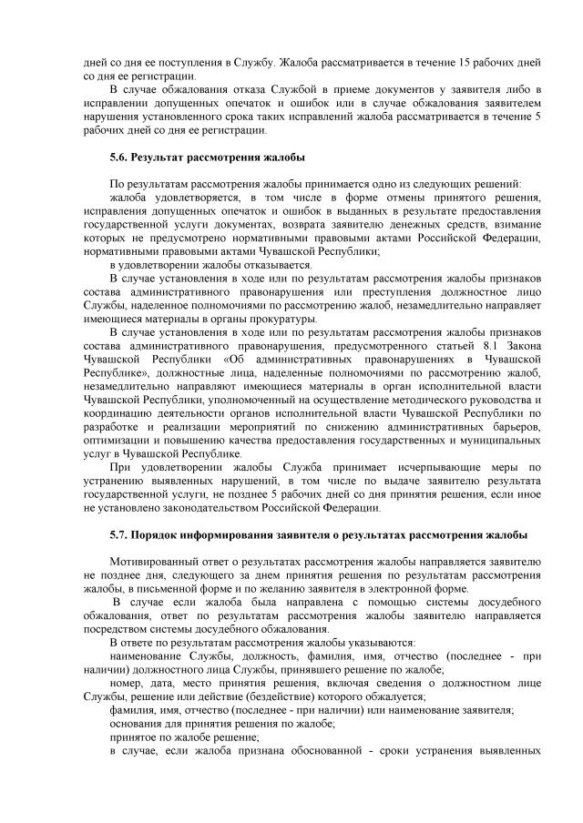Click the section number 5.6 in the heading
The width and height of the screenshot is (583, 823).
pos(118,157)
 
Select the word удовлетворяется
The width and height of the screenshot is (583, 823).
pos(199,198)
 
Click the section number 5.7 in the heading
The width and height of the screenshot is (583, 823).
pos(118,534)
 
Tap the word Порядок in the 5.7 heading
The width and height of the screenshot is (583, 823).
pos(163,534)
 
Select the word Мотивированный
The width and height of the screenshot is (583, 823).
pos(157,562)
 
